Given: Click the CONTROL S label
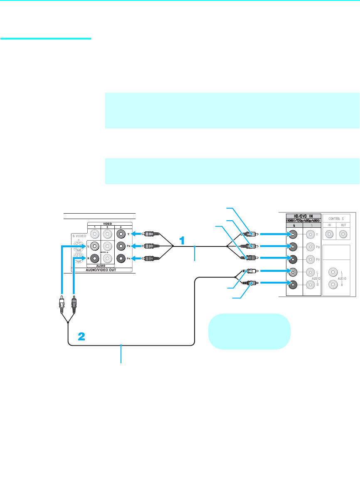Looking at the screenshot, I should pyautogui.click(x=339, y=218).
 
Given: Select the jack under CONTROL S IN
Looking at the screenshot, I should pyautogui.click(x=329, y=234).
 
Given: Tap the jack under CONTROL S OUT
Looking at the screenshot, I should pyautogui.click(x=343, y=234).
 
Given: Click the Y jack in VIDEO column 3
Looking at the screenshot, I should pyautogui.click(x=121, y=234).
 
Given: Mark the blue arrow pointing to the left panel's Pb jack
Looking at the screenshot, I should pyautogui.click(x=136, y=246).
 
